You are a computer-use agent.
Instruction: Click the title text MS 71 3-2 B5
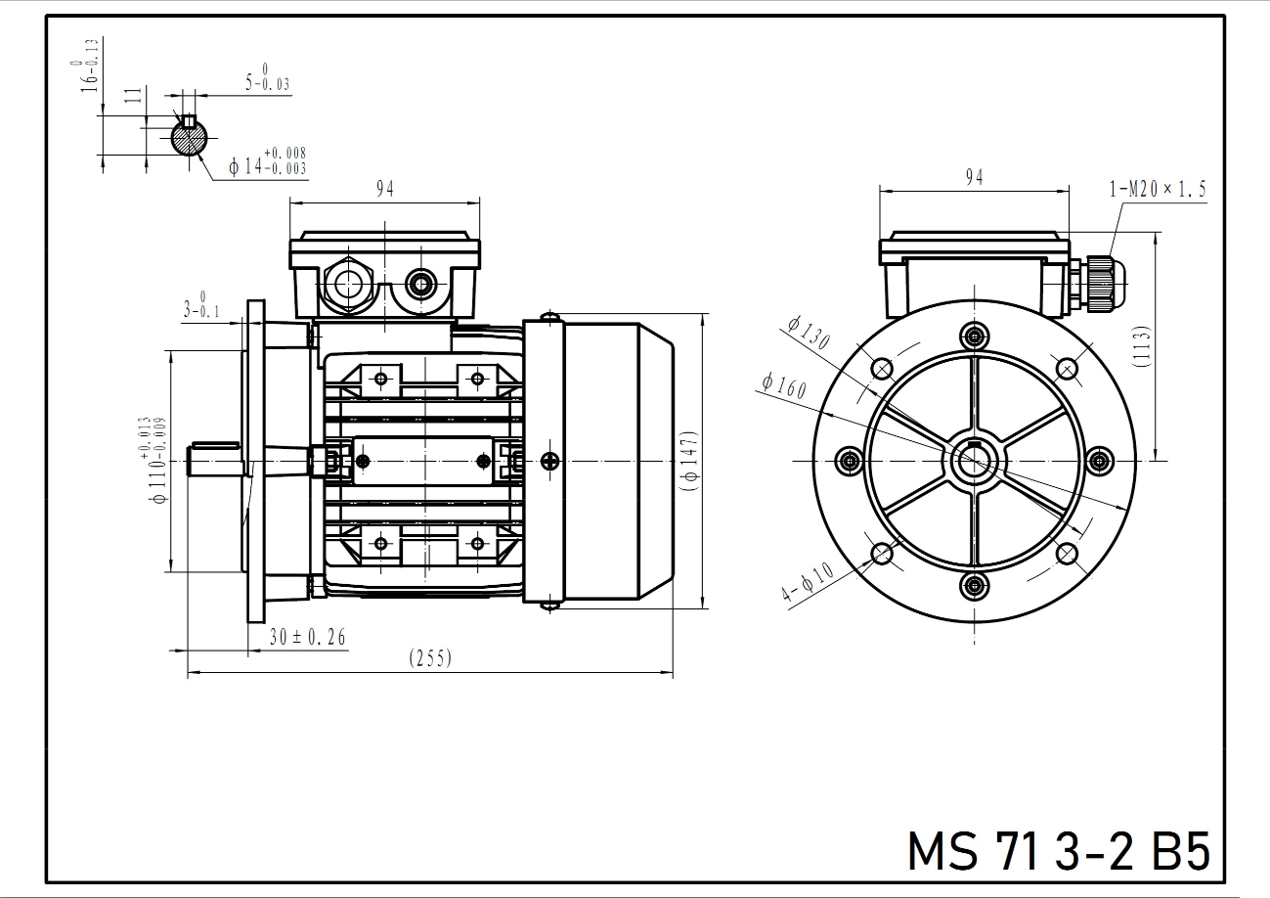coord(1058,851)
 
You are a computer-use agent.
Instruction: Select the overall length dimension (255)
coord(430,658)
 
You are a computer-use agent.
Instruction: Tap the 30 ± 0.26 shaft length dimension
coord(308,638)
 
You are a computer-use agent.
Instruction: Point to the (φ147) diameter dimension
coord(691,461)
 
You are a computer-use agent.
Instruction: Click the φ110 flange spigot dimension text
coord(155,460)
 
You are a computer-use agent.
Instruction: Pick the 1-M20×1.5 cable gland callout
coord(1158,189)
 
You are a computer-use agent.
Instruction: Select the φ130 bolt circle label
coord(810,333)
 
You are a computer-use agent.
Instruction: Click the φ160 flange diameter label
coord(784,385)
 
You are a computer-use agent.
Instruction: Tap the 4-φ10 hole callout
coord(808,581)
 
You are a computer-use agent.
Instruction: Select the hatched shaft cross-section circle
coord(190,137)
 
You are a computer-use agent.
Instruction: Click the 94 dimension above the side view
coord(385,189)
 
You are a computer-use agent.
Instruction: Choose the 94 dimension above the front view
coord(974,178)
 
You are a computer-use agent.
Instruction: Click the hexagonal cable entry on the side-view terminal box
coord(347,283)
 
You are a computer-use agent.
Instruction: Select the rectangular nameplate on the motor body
coord(423,460)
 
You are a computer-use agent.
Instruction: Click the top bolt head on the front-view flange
coord(974,335)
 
